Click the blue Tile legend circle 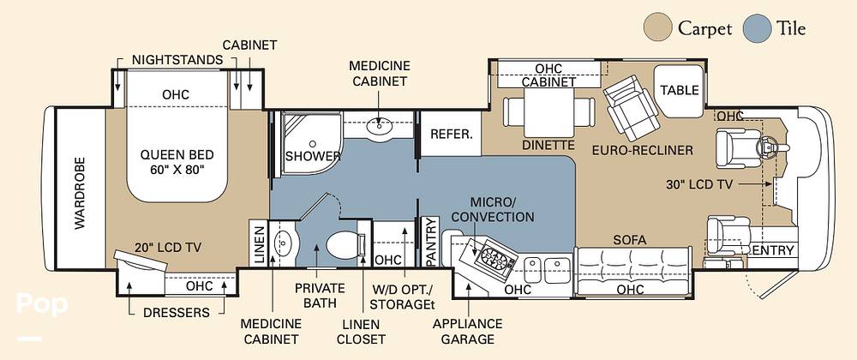tap(757, 28)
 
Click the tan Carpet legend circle tap(658, 28)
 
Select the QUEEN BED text tap(177, 154)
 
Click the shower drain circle tap(312, 144)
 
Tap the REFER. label tap(451, 135)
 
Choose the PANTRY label tap(432, 242)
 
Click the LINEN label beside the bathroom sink tap(259, 243)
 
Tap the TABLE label tap(680, 90)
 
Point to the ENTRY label tap(773, 251)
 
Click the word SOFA tap(630, 240)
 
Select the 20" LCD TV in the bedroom tap(140, 261)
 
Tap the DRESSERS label tap(176, 313)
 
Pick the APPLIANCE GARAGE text tap(467, 332)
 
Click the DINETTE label tap(548, 146)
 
